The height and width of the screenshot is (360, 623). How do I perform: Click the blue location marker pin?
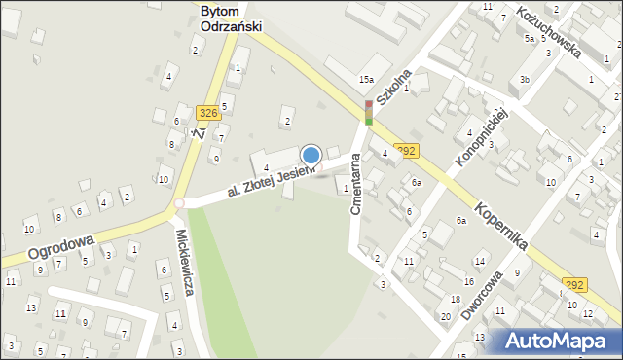pos(311,156)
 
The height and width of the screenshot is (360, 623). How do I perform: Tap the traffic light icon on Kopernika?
pos(369,113)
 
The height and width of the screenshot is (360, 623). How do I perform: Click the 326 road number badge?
pos(206,114)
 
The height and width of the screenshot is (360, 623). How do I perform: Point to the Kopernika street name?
pos(502,228)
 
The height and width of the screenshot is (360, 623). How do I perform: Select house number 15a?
pos(366,79)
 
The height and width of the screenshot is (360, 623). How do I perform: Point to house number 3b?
pos(525,79)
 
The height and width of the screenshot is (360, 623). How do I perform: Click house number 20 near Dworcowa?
pos(445,317)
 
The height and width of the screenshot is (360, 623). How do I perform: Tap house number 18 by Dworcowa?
pos(455,299)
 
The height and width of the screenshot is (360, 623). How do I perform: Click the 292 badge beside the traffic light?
pos(407,150)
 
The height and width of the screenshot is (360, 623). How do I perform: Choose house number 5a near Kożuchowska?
pos(530,39)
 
